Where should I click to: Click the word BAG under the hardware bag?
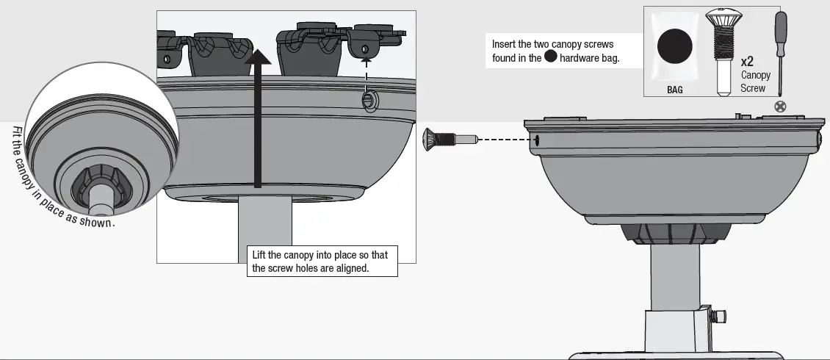(674, 90)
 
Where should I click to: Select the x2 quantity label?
(748, 62)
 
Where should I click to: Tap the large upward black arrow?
(257, 118)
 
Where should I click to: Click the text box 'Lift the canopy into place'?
(322, 262)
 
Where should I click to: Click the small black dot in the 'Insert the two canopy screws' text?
(550, 58)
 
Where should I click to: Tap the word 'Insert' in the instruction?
(504, 45)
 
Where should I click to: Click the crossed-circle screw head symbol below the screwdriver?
(780, 107)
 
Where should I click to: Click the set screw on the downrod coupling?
(720, 316)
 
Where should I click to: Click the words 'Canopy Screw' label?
(755, 82)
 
